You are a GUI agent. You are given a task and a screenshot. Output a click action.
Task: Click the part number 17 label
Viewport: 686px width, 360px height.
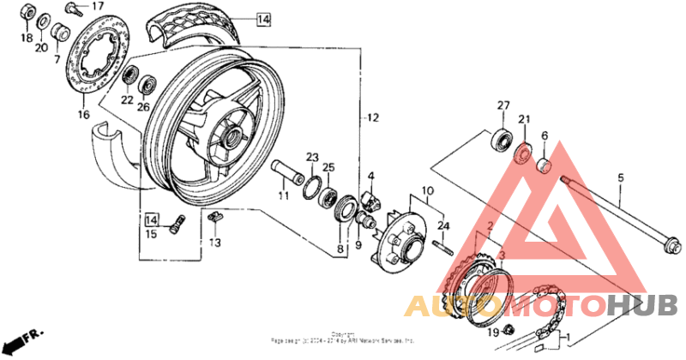[98, 6]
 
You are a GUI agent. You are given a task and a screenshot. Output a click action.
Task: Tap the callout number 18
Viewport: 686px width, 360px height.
[27, 39]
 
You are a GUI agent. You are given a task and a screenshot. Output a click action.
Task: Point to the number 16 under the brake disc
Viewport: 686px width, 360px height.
[83, 114]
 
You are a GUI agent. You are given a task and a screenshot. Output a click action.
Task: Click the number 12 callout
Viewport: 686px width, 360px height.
[370, 117]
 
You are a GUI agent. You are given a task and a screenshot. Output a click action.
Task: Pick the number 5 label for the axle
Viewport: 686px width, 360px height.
[620, 178]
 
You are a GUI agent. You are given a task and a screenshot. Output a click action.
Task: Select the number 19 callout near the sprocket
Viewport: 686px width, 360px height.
[493, 333]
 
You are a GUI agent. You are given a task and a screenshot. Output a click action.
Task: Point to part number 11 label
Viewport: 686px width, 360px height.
[283, 196]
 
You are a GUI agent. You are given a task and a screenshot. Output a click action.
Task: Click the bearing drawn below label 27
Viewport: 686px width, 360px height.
[501, 138]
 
